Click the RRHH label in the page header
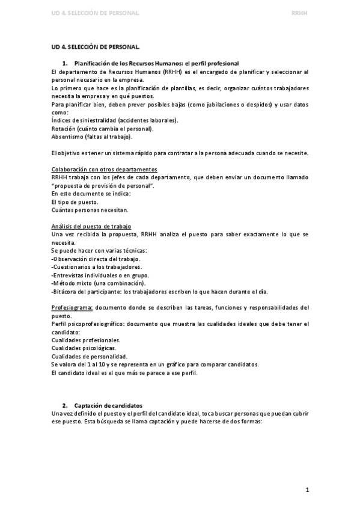coord(299,12)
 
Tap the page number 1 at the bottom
coord(307,490)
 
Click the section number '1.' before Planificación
coord(66,63)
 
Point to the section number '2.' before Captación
coord(66,406)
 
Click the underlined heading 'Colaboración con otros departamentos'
coord(104,170)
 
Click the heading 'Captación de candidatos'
coord(108,406)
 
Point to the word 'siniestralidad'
coord(95,120)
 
